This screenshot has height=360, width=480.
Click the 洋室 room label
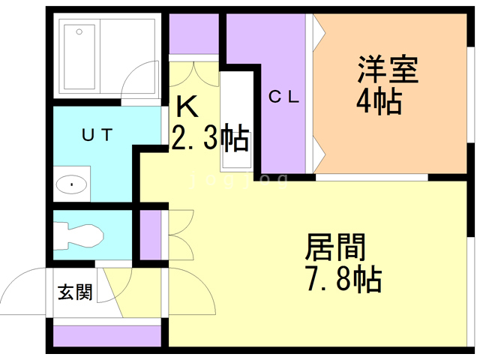tap(388, 70)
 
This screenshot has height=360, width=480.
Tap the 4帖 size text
tap(379, 100)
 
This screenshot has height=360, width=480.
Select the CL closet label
tap(283, 97)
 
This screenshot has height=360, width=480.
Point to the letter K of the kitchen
tap(187, 106)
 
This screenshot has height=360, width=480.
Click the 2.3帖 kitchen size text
tap(210, 137)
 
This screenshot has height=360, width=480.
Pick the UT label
tap(97, 135)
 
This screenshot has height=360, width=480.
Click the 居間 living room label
tap(335, 247)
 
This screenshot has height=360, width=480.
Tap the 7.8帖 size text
tap(343, 279)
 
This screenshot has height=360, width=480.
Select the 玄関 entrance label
tap(75, 292)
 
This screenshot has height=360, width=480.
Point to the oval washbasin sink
tap(72, 184)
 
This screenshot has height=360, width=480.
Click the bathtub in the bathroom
tap(79, 57)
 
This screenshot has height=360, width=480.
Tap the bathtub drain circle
tap(79, 31)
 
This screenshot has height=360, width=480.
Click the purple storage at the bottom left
tap(107, 336)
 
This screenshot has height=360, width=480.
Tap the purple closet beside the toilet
tap(150, 235)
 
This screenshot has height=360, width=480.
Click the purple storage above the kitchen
tap(194, 34)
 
